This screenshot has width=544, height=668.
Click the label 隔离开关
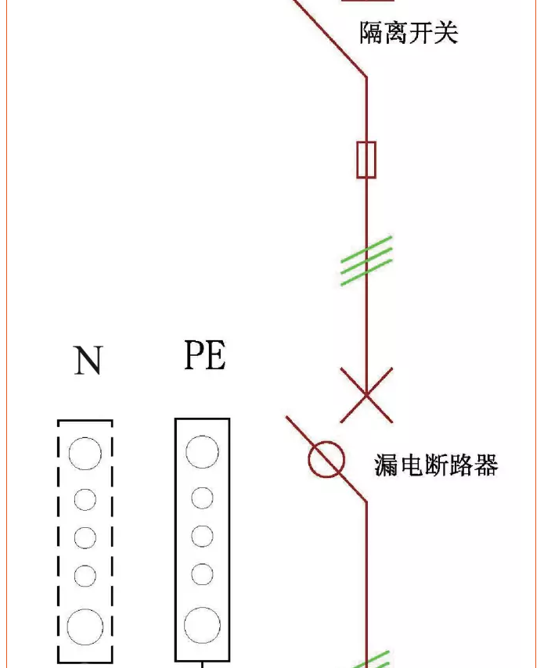[408, 32]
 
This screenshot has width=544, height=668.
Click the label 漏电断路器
[436, 465]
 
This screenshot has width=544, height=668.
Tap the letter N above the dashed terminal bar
[88, 361]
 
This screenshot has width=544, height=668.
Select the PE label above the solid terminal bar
[204, 355]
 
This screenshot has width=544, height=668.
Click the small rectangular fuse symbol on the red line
[366, 160]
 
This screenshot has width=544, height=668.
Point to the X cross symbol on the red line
[366, 395]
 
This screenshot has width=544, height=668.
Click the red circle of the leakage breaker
[326, 459]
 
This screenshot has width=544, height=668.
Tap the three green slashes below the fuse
[366, 260]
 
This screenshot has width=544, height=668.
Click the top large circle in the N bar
[85, 453]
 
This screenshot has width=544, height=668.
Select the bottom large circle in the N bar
[85, 626]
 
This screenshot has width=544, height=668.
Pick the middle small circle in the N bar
[85, 537]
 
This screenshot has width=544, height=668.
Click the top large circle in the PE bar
[202, 451]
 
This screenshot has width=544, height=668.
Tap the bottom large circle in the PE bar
[202, 625]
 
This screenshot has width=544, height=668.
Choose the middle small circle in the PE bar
[202, 536]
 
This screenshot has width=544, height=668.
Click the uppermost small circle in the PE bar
[202, 497]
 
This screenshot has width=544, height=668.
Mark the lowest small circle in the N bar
[85, 576]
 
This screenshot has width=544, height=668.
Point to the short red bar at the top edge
[357, 2]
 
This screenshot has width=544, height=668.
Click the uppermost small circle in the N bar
[85, 499]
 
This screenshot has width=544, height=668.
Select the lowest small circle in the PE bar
[202, 574]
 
